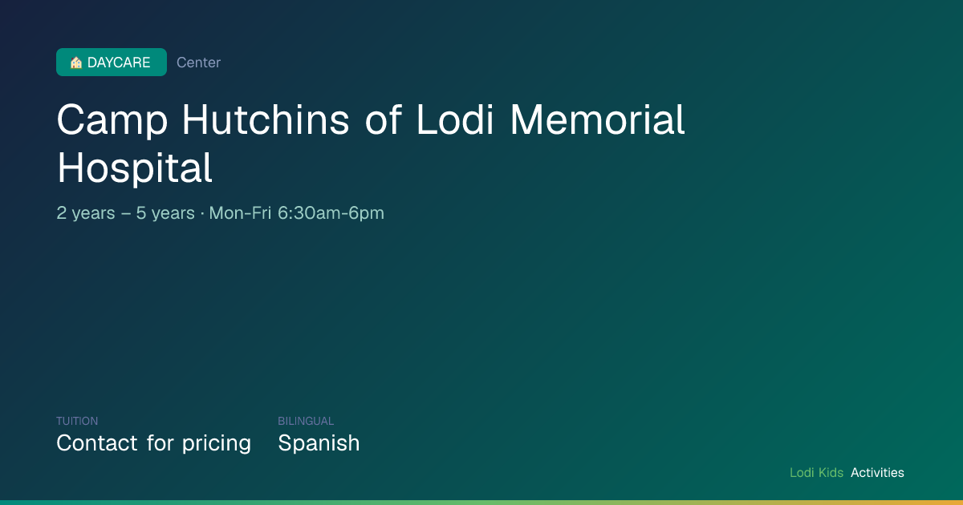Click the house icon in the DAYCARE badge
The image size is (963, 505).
pyautogui.click(x=76, y=63)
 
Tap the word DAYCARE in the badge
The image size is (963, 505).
pyautogui.click(x=119, y=63)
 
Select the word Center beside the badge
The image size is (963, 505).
pyautogui.click(x=199, y=63)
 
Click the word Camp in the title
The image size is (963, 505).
pyautogui.click(x=112, y=121)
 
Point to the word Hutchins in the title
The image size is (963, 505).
pyautogui.click(x=266, y=119)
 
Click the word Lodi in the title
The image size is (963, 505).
pyautogui.click(x=455, y=119)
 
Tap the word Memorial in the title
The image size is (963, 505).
pyautogui.click(x=597, y=119)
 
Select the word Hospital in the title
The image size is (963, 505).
pyautogui.click(x=135, y=169)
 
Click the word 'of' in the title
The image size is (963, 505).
pyautogui.click(x=383, y=119)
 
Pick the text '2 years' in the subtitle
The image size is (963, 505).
pyautogui.click(x=86, y=213)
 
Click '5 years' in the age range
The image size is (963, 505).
pyautogui.click(x=165, y=213)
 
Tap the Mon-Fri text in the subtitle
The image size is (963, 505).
pyautogui.click(x=240, y=213)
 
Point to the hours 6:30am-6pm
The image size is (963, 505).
pyautogui.click(x=331, y=213)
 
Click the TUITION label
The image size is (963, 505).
pyautogui.click(x=77, y=421)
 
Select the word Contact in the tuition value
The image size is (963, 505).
pyautogui.click(x=97, y=443)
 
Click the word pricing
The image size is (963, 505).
pyautogui.click(x=216, y=444)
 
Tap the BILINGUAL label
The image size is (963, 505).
pyautogui.click(x=306, y=421)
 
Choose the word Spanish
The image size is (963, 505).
pyautogui.click(x=319, y=444)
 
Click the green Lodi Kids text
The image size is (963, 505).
pyautogui.click(x=816, y=473)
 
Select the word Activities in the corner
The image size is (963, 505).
pyautogui.click(x=877, y=473)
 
